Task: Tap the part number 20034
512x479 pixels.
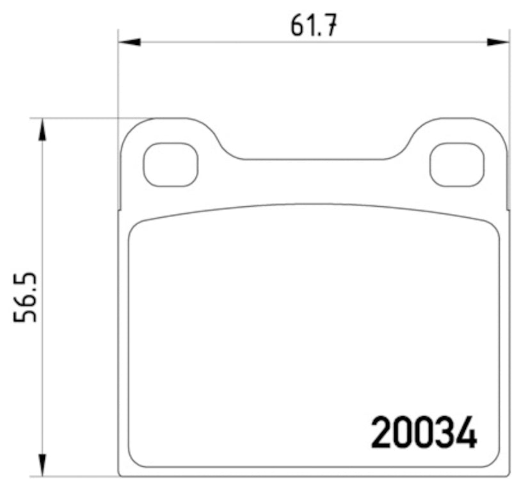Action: coord(424,433)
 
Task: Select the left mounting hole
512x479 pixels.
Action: coord(171,165)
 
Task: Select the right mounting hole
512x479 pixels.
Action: coord(456,165)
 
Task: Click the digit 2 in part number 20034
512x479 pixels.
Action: coord(382,433)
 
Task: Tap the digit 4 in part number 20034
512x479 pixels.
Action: coord(466,433)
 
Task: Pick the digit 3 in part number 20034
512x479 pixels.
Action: coord(445,433)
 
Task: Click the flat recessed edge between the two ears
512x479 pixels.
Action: coord(314,159)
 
